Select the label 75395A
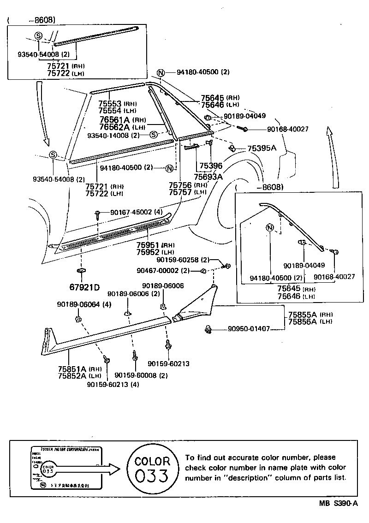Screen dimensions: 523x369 pyautogui.click(x=262, y=148)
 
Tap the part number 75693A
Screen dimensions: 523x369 pyautogui.click(x=208, y=177)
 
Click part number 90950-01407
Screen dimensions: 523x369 pyautogui.click(x=249, y=329)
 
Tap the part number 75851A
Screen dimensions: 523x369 pyautogui.click(x=72, y=368)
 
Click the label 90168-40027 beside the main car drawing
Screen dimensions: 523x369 pyautogui.click(x=287, y=129)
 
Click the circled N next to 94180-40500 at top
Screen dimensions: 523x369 pyautogui.click(x=161, y=72)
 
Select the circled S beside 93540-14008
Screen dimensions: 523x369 pyautogui.click(x=154, y=135)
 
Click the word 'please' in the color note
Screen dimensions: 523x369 pyautogui.click(x=325, y=458)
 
